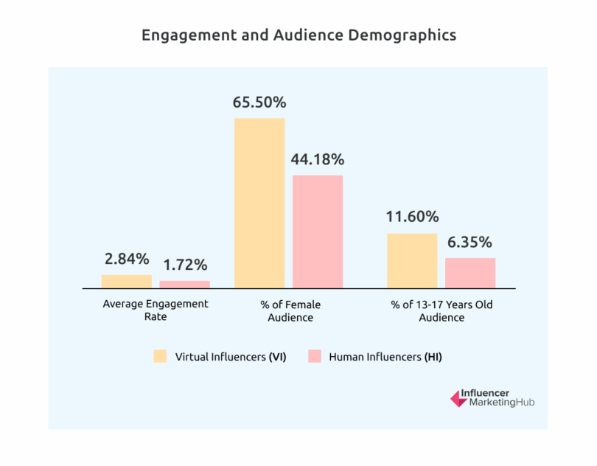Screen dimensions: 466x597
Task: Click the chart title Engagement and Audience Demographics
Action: coord(298,35)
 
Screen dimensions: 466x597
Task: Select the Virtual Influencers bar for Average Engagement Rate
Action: coord(127,281)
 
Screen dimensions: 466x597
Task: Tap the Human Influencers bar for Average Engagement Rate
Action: coord(185,284)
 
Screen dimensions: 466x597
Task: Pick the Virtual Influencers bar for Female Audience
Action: coord(259,203)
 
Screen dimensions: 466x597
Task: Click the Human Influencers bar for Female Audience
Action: coord(318,231)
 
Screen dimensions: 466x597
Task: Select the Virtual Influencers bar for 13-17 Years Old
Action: coord(412,260)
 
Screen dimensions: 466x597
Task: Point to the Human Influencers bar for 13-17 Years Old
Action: coord(470,273)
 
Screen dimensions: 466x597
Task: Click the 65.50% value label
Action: coord(259,102)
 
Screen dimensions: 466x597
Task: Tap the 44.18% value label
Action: coord(318,159)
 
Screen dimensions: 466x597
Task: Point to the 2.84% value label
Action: coord(127,259)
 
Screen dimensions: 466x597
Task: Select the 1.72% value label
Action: coord(185,265)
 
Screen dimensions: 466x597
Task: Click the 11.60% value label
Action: coord(412,217)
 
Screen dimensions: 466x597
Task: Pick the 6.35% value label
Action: coord(470,242)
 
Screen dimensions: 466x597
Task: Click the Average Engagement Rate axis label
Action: coord(156,310)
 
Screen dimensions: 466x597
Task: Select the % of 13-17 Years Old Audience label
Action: coord(441,310)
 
